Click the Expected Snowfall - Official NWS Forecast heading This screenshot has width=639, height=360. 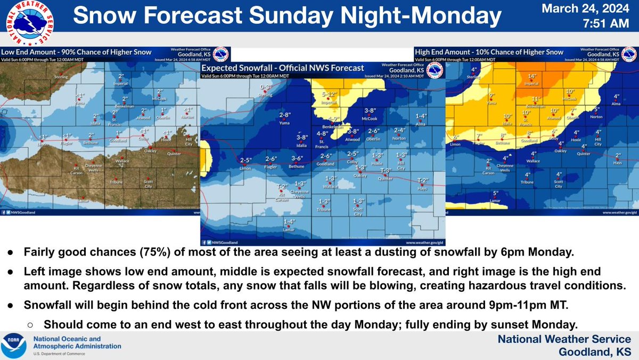tap(283, 68)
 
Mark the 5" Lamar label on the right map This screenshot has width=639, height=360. tap(496, 193)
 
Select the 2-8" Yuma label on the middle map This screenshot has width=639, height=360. tap(286, 115)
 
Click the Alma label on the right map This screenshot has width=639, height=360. tap(617, 103)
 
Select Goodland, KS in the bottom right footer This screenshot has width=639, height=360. tap(595, 352)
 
